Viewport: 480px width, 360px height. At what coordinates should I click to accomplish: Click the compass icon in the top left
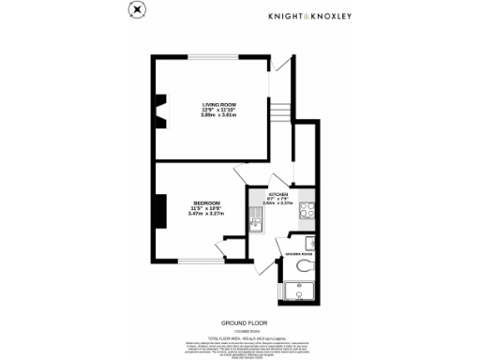tap(137, 10)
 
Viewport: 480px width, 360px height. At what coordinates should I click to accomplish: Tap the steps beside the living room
tap(278, 111)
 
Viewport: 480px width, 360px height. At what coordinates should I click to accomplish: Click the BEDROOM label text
tap(206, 203)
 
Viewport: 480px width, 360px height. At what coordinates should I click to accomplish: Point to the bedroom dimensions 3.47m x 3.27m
tap(206, 216)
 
